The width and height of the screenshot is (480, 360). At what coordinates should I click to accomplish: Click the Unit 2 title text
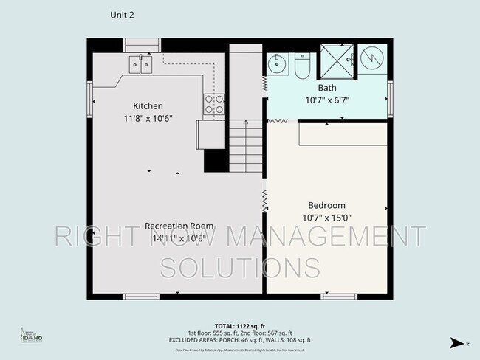[x=122, y=14]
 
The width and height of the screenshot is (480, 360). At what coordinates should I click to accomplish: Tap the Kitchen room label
[x=148, y=105]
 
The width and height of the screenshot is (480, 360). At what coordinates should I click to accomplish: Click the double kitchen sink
[x=141, y=65]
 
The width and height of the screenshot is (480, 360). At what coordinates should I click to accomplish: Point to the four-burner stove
[x=214, y=105]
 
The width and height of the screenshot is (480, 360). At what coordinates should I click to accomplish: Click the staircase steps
[x=246, y=148]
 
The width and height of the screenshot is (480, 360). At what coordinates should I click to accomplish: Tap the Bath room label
[x=326, y=87]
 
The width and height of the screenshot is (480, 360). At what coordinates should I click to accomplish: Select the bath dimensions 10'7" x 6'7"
[x=326, y=100]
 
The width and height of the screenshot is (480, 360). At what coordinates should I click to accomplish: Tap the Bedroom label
[x=326, y=205]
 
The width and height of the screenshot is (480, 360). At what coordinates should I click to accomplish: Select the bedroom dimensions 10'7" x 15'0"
[x=326, y=218]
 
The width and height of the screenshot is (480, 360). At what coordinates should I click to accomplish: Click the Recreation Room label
[x=179, y=226]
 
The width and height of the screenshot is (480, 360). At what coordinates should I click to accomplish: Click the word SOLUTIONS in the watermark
[x=240, y=266]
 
